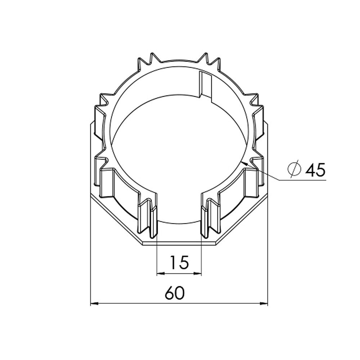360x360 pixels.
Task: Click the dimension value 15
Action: [x=179, y=262]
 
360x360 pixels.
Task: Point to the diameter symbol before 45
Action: [x=294, y=169]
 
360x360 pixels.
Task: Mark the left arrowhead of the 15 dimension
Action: [x=161, y=274]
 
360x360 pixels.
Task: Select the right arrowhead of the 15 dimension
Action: [x=198, y=274]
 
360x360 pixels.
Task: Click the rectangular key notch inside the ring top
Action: [x=206, y=85]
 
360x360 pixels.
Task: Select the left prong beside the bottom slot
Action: [x=153, y=220]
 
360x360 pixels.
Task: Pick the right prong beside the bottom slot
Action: [x=205, y=220]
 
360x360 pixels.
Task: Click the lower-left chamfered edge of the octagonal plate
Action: [x=115, y=220]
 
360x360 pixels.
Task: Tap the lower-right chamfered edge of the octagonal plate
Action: [x=243, y=220]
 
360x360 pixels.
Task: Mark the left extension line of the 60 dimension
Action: [x=89, y=252]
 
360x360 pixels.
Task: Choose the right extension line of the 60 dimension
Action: [x=268, y=252]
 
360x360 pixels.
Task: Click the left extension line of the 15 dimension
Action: [x=157, y=259]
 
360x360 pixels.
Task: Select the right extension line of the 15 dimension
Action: [x=201, y=259]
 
